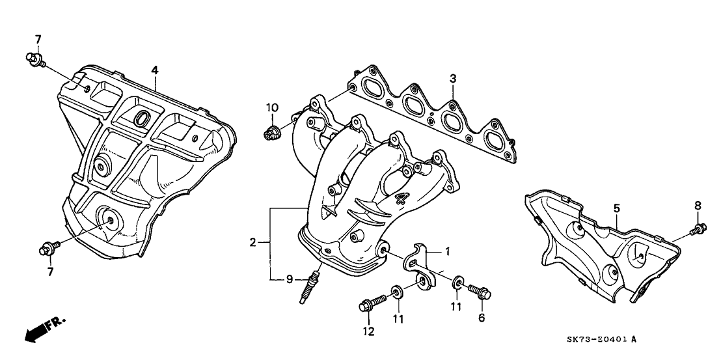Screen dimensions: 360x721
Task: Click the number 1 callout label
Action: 447,251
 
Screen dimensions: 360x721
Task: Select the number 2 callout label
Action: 252,243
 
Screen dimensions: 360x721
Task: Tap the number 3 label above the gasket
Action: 453,79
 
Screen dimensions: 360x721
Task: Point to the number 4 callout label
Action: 155,70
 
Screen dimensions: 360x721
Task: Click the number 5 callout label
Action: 616,209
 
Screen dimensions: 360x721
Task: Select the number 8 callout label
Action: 698,206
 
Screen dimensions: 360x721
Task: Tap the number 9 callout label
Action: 290,280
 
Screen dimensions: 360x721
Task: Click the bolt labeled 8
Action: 698,228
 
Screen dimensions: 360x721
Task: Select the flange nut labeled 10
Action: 270,133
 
